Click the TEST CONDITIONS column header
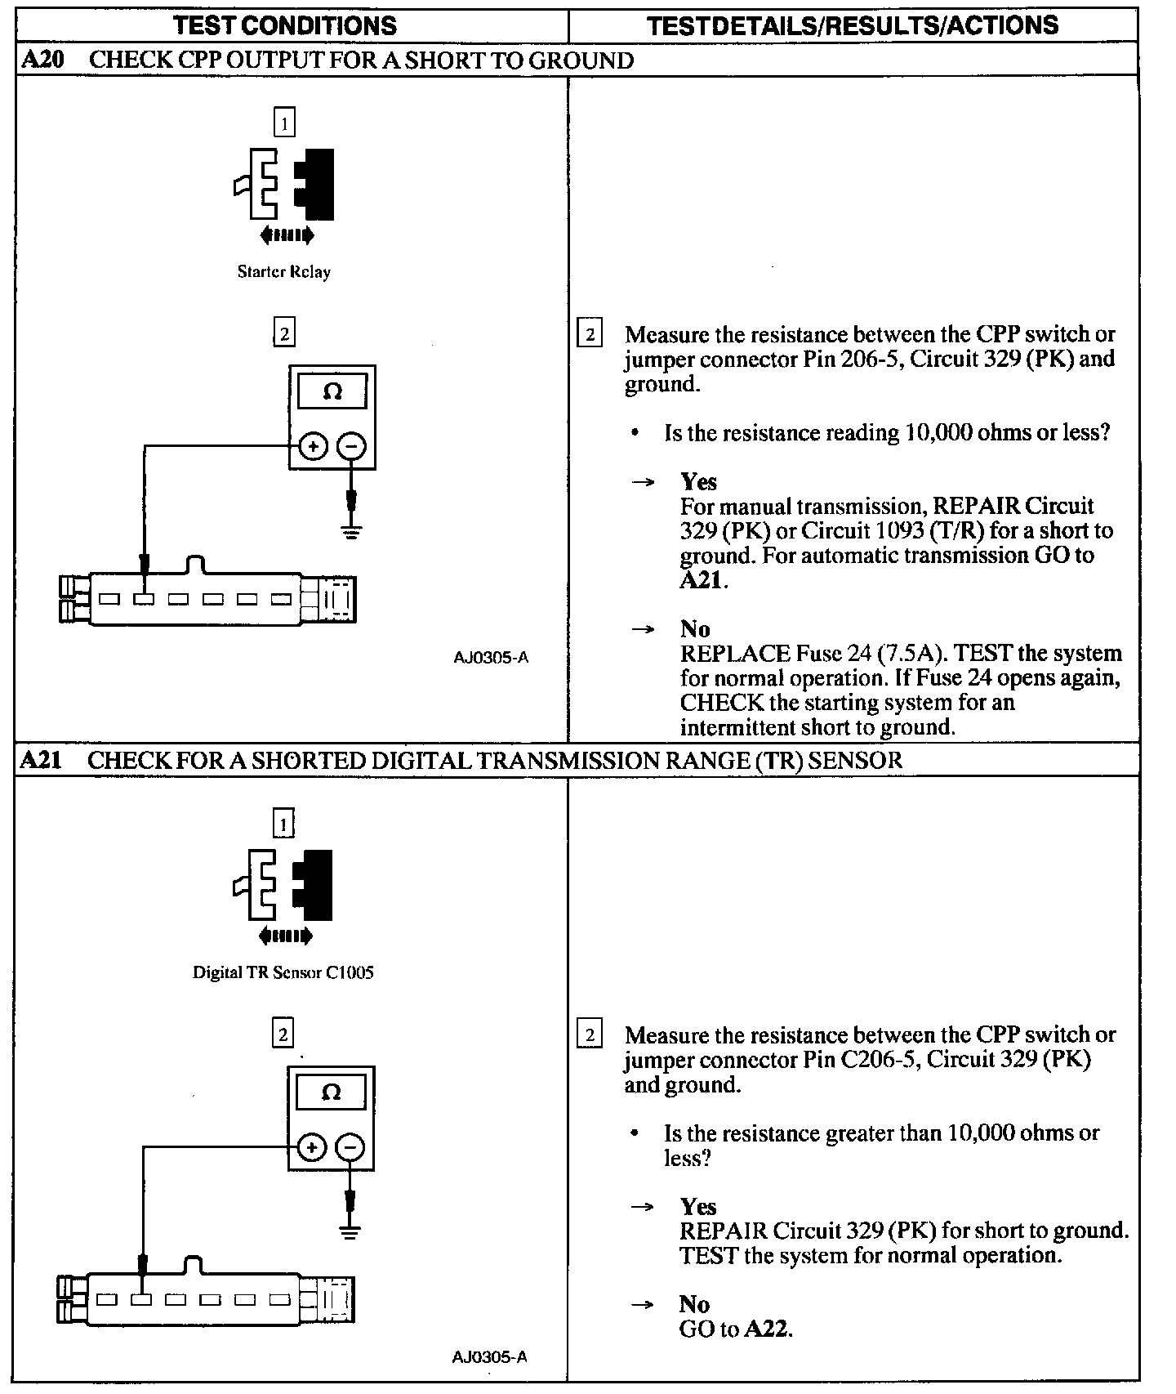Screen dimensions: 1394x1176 point(285,25)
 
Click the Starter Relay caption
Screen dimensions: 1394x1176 point(283,271)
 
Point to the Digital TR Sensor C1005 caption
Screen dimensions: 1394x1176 point(283,972)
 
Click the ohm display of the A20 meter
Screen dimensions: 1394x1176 point(332,392)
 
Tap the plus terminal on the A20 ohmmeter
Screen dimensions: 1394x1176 point(313,446)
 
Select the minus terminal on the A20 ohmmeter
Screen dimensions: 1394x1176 point(351,446)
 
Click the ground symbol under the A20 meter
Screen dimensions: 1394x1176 point(352,532)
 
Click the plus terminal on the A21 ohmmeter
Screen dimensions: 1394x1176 point(311,1147)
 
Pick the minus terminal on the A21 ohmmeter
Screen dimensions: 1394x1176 point(350,1147)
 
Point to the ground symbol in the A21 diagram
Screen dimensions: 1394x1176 point(350,1232)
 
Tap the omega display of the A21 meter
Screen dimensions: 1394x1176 point(331,1092)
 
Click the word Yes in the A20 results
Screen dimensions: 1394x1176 point(698,481)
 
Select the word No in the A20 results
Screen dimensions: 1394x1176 point(695,628)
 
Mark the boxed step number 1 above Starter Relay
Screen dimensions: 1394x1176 point(283,123)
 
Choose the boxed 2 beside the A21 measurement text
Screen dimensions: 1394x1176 point(590,1035)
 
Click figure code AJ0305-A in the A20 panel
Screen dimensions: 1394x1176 point(491,657)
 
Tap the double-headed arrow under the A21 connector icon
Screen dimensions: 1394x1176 point(284,936)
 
